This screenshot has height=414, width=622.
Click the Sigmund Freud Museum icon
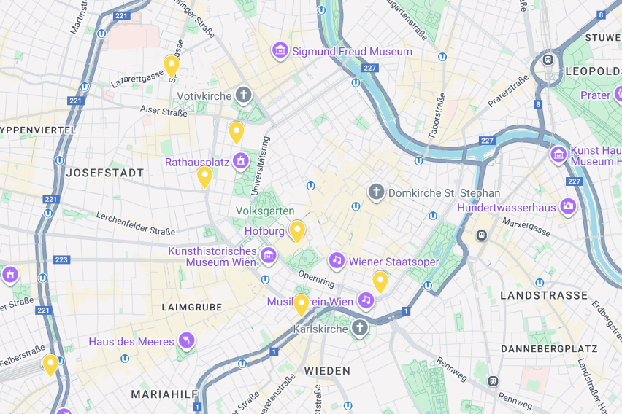point(280,51)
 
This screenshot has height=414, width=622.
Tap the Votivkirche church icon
point(244,95)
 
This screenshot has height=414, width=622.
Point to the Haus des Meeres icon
point(187,341)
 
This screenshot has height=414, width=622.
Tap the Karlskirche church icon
point(359,329)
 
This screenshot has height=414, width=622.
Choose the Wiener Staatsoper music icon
point(337,260)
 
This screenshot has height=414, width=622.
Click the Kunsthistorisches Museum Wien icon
point(269,255)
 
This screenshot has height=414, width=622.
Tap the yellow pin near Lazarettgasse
point(172,65)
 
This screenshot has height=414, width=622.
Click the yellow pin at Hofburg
point(297,230)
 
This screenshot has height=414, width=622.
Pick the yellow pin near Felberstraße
point(50,364)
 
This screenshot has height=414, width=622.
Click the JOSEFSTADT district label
point(105,173)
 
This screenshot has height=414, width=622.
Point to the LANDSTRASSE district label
point(544,295)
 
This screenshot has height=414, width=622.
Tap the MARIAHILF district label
point(164,394)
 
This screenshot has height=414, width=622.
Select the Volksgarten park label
point(266,211)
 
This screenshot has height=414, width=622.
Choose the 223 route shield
point(61,259)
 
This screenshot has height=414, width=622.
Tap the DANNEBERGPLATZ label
point(549,349)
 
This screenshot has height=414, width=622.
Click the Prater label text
point(594,95)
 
